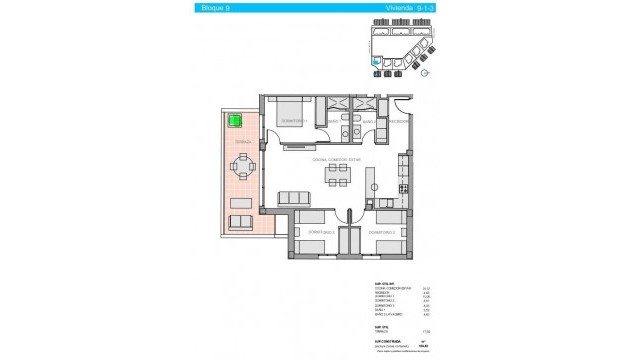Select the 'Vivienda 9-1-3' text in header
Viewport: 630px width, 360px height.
pos(404,9)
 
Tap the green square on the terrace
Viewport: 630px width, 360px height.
pos(236,121)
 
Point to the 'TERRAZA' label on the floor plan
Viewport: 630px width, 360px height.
pos(243,143)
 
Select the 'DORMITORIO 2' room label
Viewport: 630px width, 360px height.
pos(382,232)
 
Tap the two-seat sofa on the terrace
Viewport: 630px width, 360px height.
pos(242,222)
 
